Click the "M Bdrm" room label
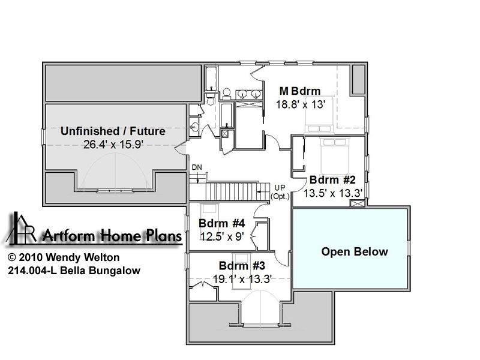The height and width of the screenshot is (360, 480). click(300, 91)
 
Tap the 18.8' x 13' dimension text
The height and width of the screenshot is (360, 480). click(301, 104)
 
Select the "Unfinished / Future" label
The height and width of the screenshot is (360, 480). click(113, 131)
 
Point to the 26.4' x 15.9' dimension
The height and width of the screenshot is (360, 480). click(113, 144)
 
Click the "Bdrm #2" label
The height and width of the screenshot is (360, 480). click(332, 179)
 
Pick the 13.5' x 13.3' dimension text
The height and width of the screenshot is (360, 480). click(333, 193)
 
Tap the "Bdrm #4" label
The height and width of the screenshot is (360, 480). click(221, 223)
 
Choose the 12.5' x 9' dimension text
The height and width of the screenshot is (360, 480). click(222, 236)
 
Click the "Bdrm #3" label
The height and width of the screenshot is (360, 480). click(242, 265)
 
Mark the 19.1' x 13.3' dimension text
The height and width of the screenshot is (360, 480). click(242, 279)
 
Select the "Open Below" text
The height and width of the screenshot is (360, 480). click(355, 251)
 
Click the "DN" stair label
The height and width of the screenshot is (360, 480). click(197, 167)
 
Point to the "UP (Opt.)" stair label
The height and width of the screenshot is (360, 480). click(280, 192)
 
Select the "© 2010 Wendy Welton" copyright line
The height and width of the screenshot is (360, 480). click(64, 257)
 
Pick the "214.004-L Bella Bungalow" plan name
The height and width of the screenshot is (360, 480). click(74, 271)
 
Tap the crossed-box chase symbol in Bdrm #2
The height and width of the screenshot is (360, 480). click(357, 203)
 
